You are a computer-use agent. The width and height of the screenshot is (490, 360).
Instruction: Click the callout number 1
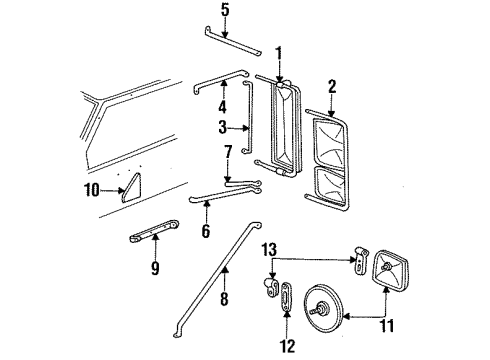279,52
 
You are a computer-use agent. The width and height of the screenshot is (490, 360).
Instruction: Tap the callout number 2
331,87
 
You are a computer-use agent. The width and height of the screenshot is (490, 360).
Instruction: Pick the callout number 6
205,231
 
